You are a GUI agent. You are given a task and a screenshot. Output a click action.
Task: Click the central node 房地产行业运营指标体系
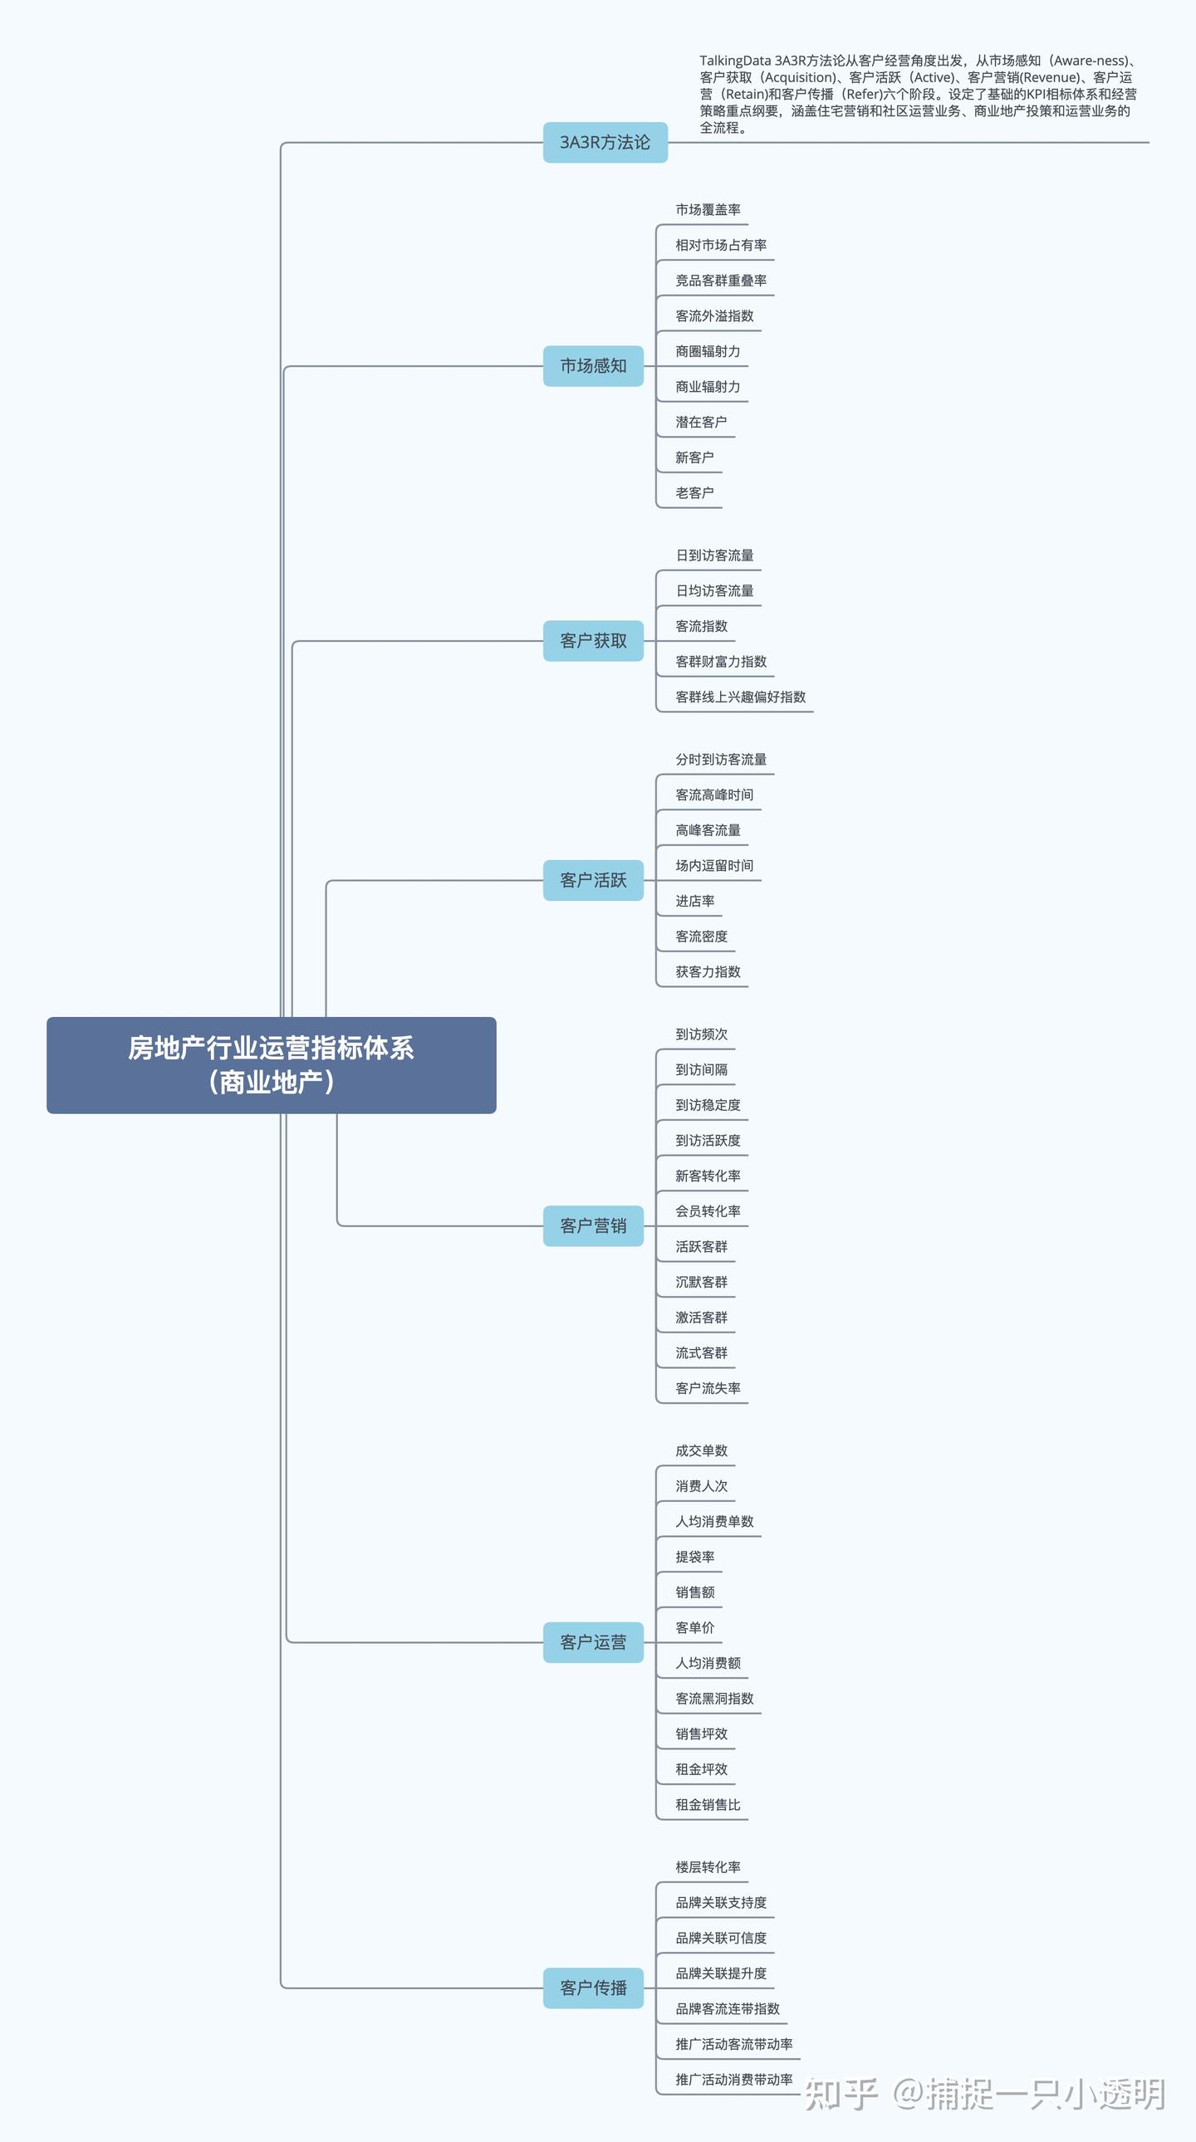coord(271,1064)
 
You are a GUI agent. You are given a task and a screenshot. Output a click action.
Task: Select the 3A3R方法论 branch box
coord(605,142)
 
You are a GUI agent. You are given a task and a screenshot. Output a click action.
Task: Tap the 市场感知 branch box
coord(593,366)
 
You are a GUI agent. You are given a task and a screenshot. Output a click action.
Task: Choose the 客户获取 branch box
coord(593,641)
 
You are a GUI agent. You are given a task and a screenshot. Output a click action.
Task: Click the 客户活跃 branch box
coord(593,880)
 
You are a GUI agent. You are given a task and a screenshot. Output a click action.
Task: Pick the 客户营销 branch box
coord(593,1225)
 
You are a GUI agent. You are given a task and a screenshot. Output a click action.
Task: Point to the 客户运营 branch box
coord(593,1642)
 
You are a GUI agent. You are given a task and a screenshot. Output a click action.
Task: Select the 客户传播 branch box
coord(593,1988)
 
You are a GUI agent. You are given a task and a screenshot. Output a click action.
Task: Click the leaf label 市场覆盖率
coord(708,209)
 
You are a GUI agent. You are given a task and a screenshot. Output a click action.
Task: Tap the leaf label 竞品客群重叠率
coord(721,281)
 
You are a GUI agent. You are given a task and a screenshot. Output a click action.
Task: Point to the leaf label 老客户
coord(694,493)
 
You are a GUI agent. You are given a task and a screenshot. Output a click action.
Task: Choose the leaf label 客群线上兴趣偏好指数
coord(740,697)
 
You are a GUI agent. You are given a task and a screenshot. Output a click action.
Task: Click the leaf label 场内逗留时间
coord(714,866)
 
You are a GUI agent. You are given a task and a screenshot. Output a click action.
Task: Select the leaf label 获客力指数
coord(708,972)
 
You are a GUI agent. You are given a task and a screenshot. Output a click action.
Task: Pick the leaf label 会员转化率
coord(708,1211)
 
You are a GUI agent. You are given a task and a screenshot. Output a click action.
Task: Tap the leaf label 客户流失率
coord(708,1389)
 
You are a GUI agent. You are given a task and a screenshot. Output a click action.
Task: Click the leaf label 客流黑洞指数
coord(714,1699)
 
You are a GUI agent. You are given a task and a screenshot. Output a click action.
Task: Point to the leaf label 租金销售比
coord(708,1804)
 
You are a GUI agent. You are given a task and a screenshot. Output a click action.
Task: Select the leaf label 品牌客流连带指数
coord(728,2009)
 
